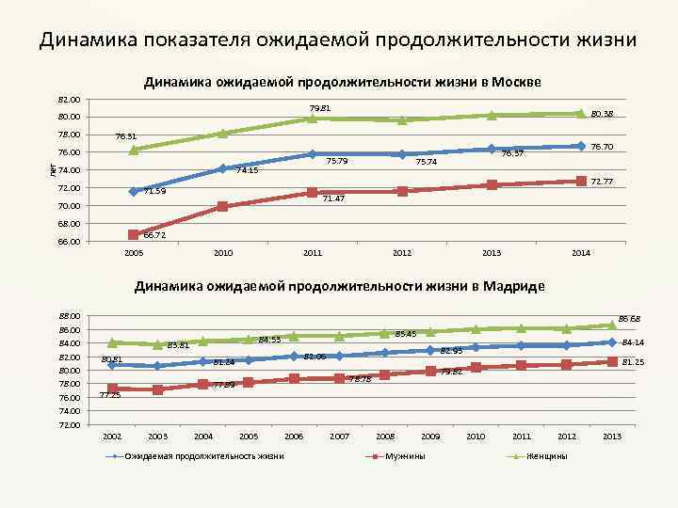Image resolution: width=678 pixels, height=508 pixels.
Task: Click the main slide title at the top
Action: coord(338,40)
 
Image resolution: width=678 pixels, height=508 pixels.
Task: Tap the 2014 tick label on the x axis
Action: coord(580,254)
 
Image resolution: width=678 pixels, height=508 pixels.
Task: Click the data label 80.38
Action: coord(604,115)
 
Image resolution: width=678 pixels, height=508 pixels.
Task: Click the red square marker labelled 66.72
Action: coord(133,234)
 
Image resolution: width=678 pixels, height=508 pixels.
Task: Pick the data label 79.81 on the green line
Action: coord(319,108)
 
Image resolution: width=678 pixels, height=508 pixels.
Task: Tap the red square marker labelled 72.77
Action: coord(581,181)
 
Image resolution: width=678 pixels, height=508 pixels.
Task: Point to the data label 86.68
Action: coord(630,319)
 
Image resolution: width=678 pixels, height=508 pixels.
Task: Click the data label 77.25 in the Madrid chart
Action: coord(111,395)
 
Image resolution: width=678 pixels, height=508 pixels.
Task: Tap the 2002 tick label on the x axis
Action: coord(112,437)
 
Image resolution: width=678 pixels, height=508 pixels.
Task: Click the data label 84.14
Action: coord(633,342)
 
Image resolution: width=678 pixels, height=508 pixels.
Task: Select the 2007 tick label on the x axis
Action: coord(339,437)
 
